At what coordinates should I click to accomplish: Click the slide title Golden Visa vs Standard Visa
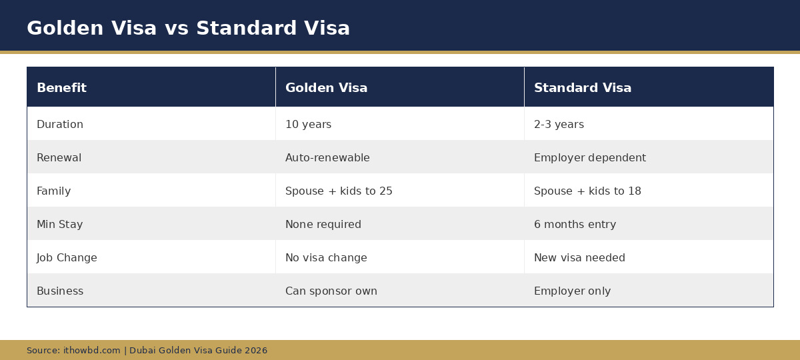pos(188,29)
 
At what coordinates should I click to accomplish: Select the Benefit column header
pos(61,88)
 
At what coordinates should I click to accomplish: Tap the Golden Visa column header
pos(326,88)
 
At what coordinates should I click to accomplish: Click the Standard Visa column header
pos(582,88)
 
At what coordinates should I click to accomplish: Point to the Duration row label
pos(60,125)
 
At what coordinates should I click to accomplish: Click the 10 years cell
pos(308,125)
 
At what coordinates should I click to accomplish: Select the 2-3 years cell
pos(559,125)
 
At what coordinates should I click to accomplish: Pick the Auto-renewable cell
pos(327,158)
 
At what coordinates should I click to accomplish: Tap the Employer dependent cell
pos(589,158)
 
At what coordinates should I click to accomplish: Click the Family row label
pos(53,191)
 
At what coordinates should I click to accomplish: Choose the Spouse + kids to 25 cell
pos(339,191)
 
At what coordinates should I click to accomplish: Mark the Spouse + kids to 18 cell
pos(587,191)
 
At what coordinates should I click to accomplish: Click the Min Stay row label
pos(59,225)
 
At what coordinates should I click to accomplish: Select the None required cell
pos(323,225)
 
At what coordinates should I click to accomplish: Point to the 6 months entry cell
pos(575,225)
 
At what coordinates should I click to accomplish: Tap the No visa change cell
pos(326,258)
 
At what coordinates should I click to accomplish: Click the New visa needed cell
pos(579,258)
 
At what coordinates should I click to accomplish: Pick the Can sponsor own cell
pos(331,291)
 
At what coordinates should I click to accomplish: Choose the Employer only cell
pos(572,291)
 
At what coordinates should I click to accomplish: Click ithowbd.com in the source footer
pos(92,351)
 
